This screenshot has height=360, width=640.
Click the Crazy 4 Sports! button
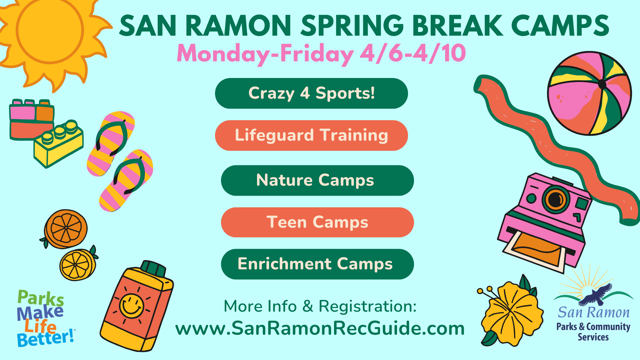[x=311, y=93]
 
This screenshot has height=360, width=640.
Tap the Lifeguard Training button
[x=311, y=135]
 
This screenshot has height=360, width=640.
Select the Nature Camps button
[x=317, y=180]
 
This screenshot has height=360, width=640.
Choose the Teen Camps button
[x=317, y=222]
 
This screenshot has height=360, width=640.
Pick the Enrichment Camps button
[x=317, y=264]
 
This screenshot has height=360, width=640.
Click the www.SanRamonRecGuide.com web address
[x=320, y=328]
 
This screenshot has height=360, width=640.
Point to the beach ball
[x=589, y=93]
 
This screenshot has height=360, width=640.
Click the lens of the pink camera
[x=555, y=200]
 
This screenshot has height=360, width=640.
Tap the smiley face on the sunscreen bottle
[x=131, y=306]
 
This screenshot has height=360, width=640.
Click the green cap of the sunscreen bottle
[x=153, y=268]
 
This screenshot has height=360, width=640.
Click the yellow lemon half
[x=77, y=265]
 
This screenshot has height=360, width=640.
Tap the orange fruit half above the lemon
[x=66, y=229]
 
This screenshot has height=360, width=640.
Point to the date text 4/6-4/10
[x=413, y=53]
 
